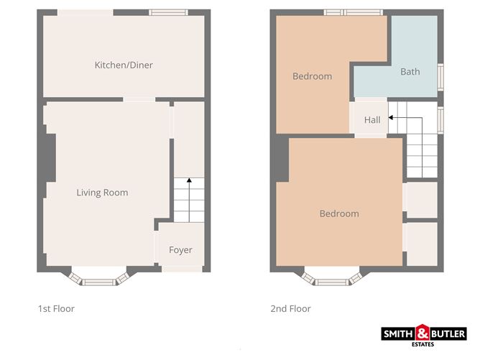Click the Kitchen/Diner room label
(124, 65)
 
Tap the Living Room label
(102, 193)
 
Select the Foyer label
(180, 250)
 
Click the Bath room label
(410, 72)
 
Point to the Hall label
(372, 120)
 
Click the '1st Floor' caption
(56, 309)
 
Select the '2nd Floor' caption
(290, 309)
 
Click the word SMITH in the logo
(400, 333)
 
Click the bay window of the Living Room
(100, 277)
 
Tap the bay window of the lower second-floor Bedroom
(331, 277)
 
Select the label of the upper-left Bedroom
(312, 76)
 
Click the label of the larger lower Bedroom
(338, 213)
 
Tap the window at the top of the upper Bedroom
(343, 12)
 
